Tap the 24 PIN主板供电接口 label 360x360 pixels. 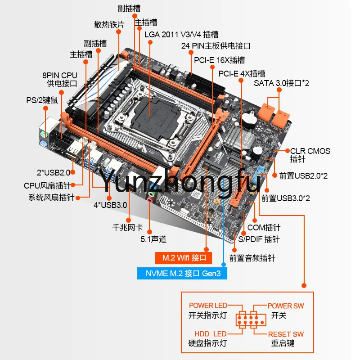[x=216, y=46]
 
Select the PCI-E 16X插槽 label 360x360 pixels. [x=219, y=60]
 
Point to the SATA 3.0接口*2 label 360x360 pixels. [x=281, y=83]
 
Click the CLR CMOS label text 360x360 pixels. [x=310, y=151]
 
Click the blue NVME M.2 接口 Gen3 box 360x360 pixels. [x=182, y=273]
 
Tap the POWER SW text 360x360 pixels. [x=286, y=306]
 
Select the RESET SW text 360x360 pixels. [x=286, y=334]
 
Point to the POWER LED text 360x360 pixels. [x=208, y=306]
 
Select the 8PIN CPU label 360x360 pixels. [x=60, y=75]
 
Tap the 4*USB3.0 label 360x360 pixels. [x=110, y=205]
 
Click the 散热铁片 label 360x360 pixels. [x=109, y=24]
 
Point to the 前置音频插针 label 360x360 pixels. [x=252, y=258]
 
